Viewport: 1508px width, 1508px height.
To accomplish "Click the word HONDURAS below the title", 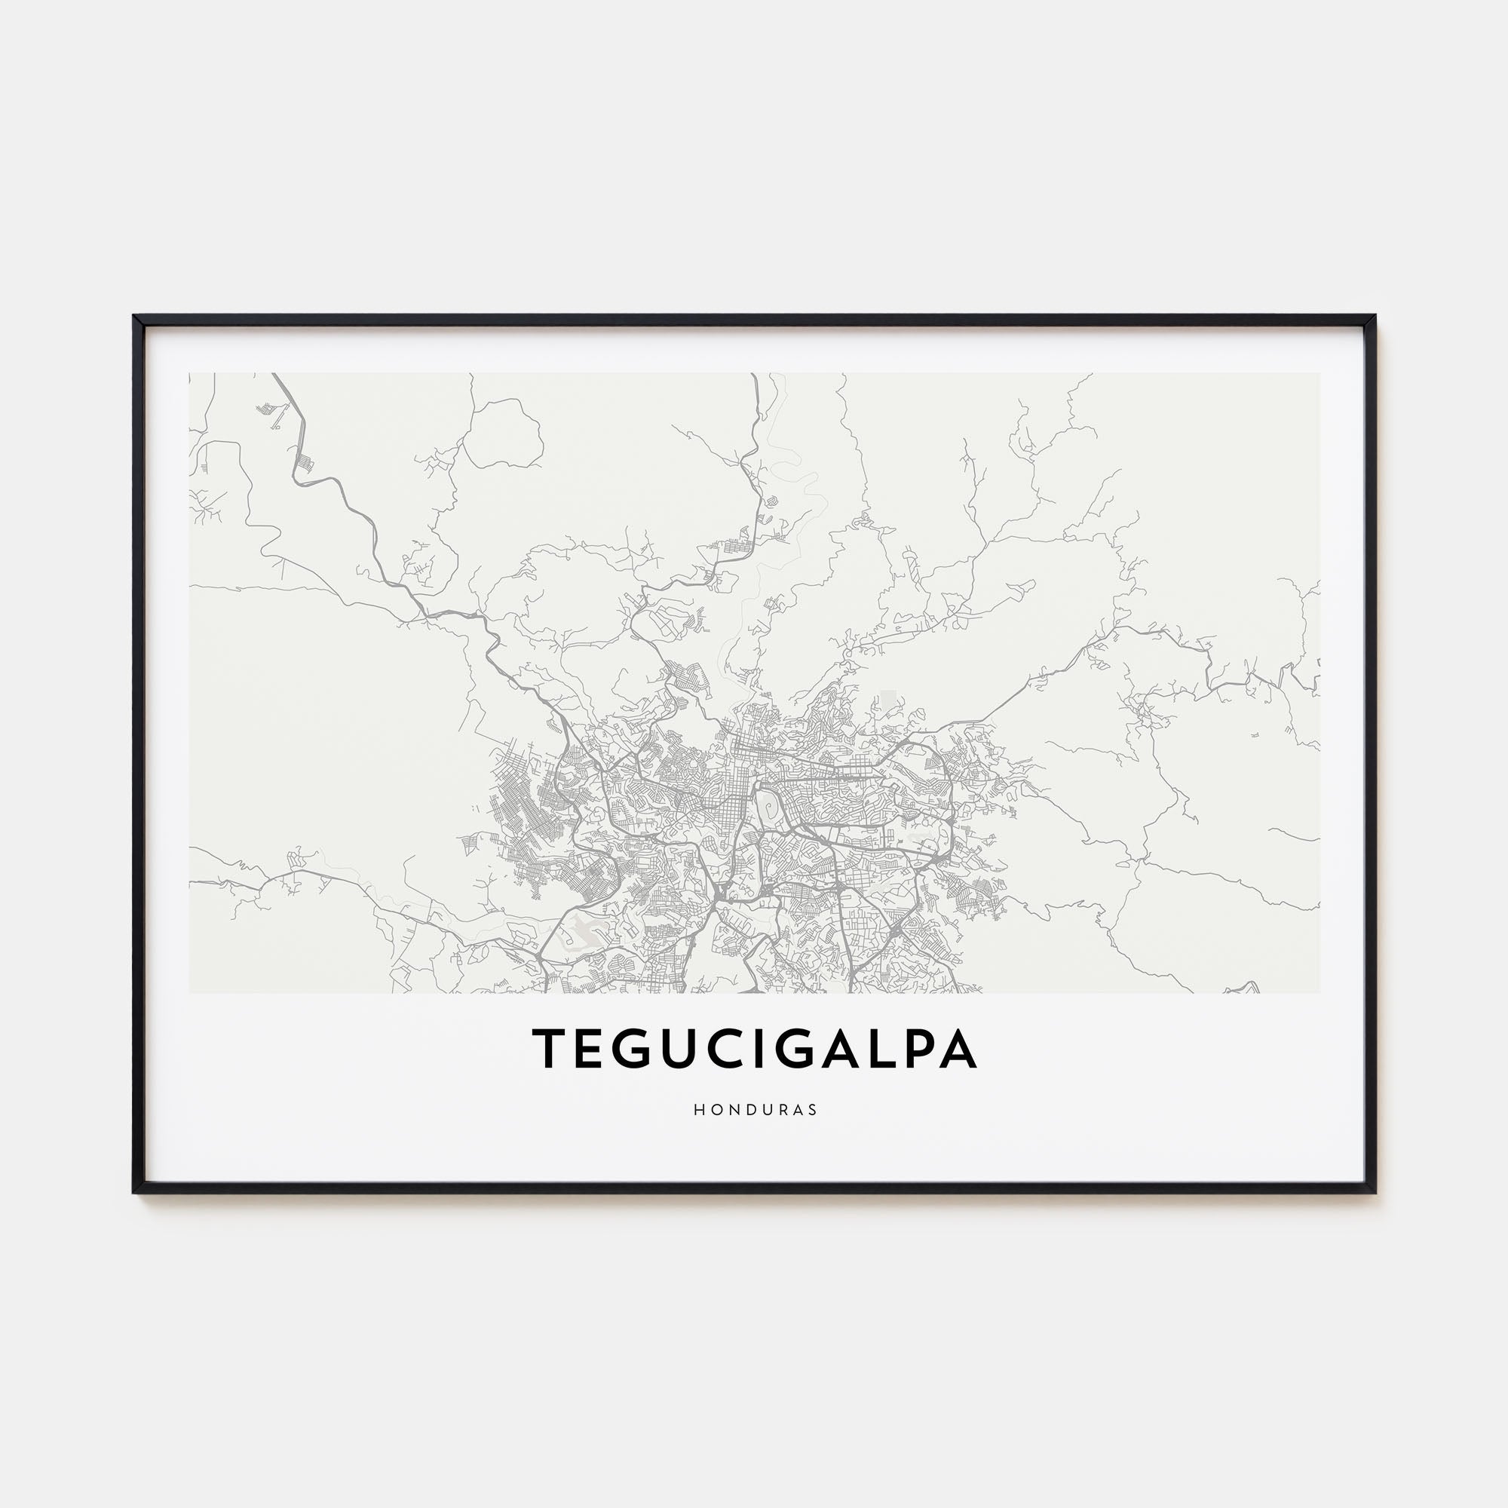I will pos(755,1109).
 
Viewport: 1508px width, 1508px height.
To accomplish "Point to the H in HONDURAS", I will pos(697,1109).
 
